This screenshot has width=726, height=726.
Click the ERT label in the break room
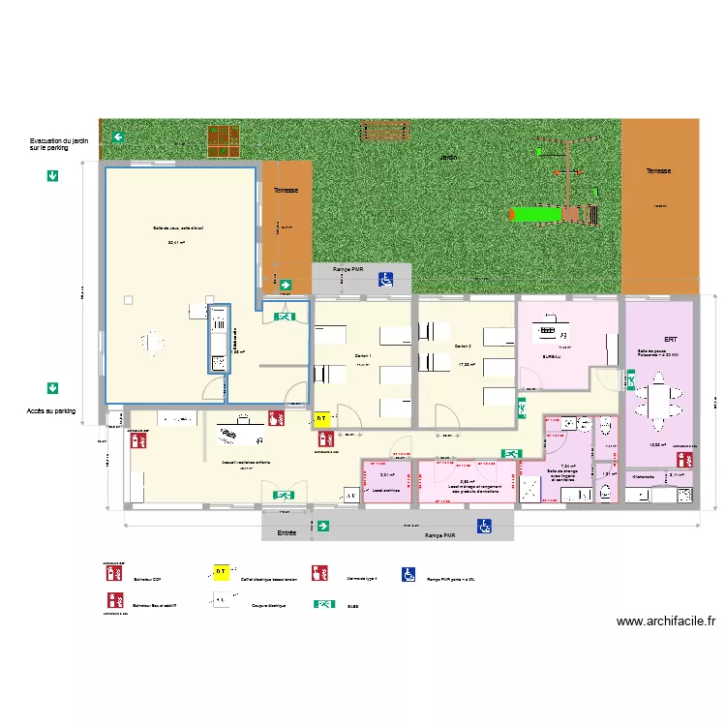coord(670,340)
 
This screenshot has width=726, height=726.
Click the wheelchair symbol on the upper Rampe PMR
coord(385,280)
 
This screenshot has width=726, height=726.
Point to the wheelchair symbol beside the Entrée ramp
coord(483,527)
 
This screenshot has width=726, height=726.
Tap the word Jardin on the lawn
coord(448,157)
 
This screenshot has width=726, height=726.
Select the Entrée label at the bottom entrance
coord(287,533)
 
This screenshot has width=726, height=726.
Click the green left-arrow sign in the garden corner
coord(117,138)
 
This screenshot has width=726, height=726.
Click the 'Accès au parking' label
coord(51,411)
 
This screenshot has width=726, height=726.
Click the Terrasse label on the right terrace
coord(658,170)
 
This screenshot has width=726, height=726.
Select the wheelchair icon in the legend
coord(408,574)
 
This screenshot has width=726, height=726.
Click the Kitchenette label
coord(644,476)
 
